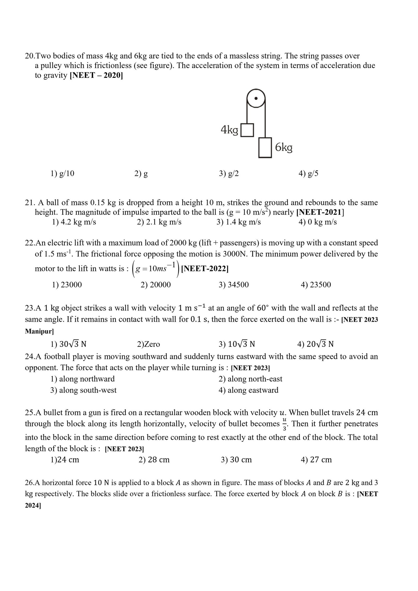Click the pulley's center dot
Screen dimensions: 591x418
click(256, 98)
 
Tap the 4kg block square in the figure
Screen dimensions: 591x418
click(247, 130)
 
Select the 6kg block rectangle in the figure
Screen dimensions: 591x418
click(265, 148)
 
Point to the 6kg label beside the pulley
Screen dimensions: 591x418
click(284, 148)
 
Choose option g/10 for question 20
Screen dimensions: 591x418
click(63, 173)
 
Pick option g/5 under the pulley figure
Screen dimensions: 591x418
click(309, 173)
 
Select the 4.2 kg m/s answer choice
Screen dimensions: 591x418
click(74, 222)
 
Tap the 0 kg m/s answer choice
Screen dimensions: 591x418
click(318, 222)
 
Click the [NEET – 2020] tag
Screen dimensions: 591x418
click(96, 75)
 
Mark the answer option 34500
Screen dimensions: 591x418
click(234, 285)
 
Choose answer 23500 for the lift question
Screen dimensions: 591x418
click(316, 285)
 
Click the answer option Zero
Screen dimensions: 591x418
click(148, 344)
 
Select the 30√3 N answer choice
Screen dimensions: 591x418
click(68, 344)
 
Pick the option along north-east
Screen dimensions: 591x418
click(250, 379)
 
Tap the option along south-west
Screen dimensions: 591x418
click(83, 390)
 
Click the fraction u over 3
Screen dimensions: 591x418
click(285, 424)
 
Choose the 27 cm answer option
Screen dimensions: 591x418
click(316, 460)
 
